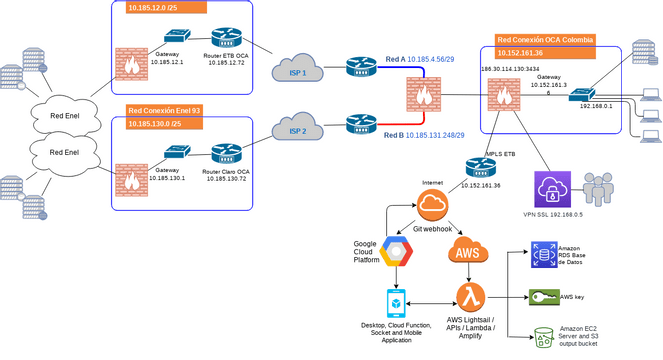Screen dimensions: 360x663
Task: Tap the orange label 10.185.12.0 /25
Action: click(165, 8)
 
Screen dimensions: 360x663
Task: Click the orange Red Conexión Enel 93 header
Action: click(165, 109)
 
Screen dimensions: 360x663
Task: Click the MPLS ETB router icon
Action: click(480, 167)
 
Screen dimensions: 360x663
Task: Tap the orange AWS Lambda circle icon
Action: click(471, 297)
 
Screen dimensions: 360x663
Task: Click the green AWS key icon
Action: click(545, 297)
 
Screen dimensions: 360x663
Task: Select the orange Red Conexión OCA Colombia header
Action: click(546, 40)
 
